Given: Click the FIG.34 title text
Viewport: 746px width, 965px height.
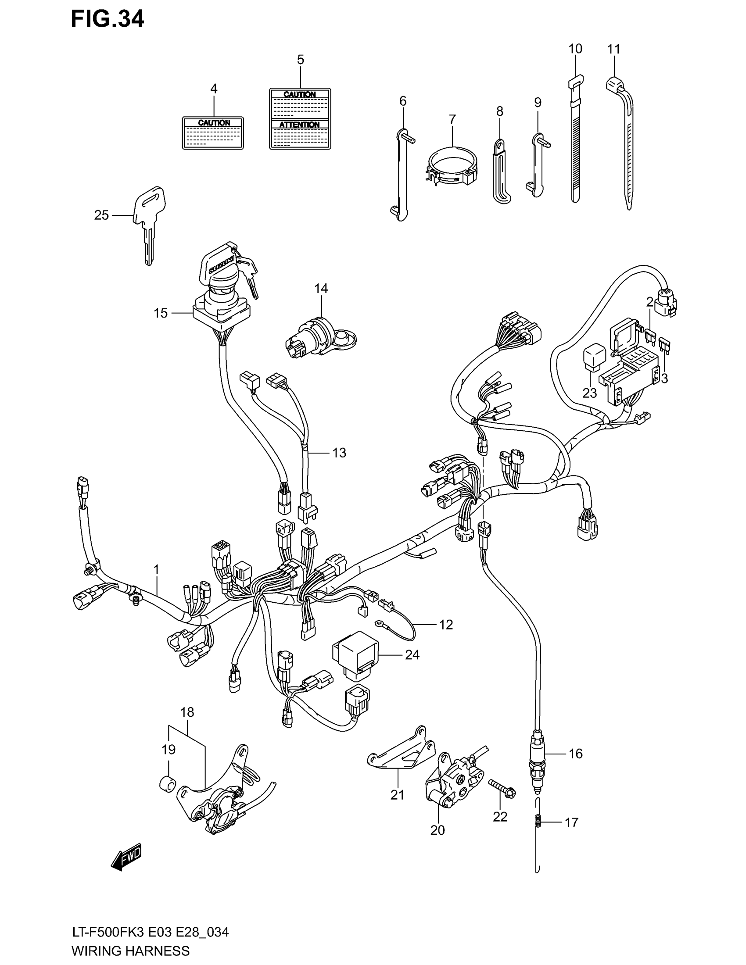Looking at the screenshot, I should coord(108,19).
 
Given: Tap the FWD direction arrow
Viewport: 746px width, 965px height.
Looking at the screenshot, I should coord(126,858).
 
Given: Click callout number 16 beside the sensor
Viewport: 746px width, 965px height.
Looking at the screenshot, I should coord(575,754).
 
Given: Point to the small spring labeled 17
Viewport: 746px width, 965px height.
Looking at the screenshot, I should coord(538,822).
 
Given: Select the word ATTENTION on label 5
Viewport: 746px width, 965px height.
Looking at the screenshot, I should coord(299,125).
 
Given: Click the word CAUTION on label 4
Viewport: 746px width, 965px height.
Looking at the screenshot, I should coord(214,123).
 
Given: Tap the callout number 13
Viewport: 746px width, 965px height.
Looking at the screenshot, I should coord(339,453).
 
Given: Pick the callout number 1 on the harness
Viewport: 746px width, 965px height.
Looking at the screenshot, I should coord(156,570).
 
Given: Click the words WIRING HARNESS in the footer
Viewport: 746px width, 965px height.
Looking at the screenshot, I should coord(130,951).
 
